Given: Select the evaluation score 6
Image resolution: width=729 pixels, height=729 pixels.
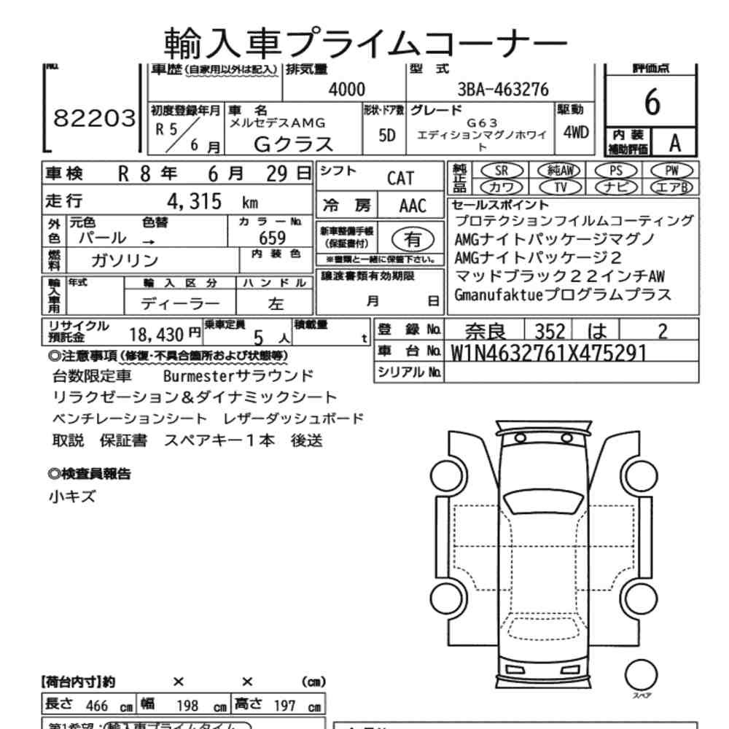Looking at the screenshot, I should (652, 104).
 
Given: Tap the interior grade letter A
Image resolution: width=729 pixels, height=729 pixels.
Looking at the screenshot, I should (674, 144).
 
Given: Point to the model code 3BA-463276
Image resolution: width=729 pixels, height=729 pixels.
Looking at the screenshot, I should (502, 90).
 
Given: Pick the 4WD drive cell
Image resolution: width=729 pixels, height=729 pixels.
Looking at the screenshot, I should (575, 134).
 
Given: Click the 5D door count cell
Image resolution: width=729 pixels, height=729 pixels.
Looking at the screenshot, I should (387, 136).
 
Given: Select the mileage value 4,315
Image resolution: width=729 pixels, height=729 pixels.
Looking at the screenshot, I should (195, 202).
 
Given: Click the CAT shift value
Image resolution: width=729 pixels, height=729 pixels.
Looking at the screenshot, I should (400, 179).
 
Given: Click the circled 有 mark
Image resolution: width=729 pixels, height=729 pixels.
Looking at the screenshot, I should (412, 238).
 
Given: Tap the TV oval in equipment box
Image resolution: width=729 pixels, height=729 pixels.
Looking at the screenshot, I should (560, 186).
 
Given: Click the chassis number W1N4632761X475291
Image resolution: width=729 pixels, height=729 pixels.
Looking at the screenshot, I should (549, 352).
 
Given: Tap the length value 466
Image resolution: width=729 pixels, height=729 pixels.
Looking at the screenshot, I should (97, 706).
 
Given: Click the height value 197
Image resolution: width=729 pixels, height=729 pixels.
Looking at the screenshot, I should (284, 706).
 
